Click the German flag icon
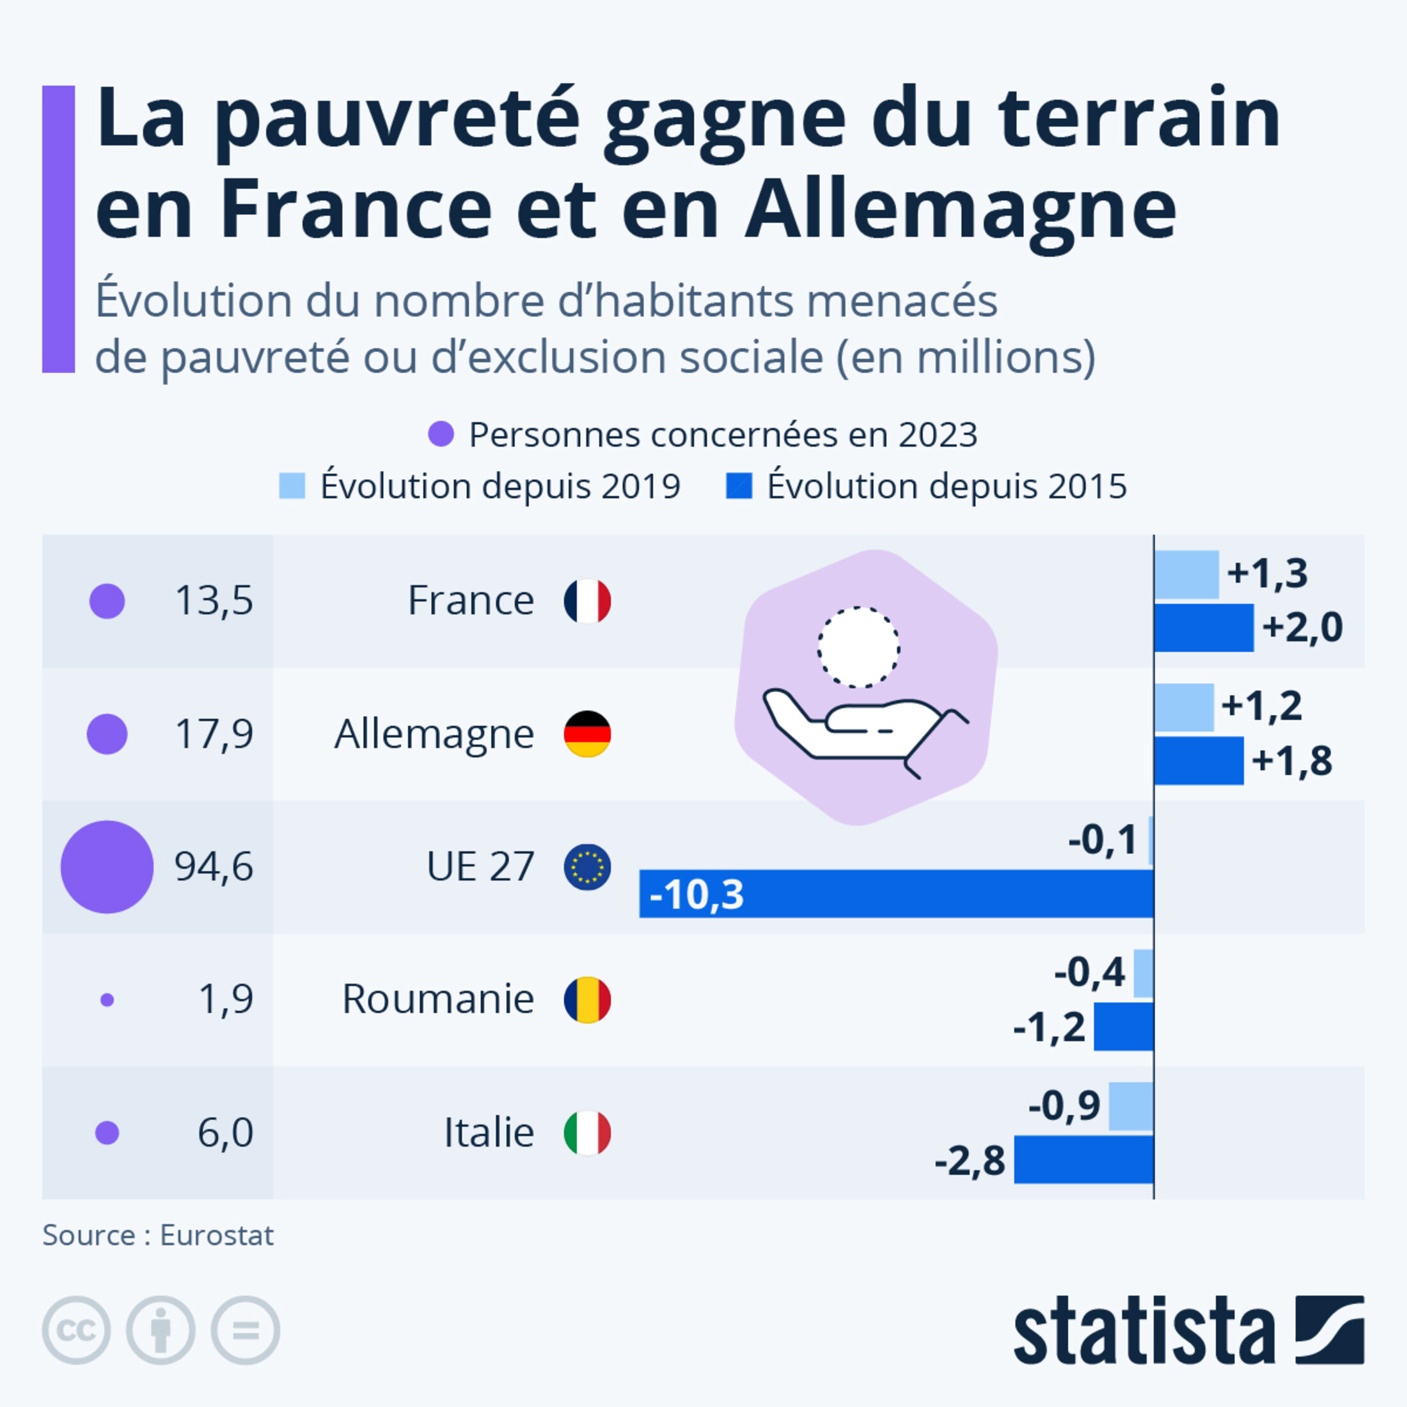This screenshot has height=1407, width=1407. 587,734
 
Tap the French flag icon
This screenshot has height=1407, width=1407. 587,601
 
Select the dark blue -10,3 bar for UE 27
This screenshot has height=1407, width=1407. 896,893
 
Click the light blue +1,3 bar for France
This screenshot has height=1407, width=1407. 1186,574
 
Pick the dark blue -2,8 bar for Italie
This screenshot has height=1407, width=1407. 1083,1159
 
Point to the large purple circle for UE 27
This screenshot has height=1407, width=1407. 107,867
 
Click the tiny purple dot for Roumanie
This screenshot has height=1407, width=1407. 107,1000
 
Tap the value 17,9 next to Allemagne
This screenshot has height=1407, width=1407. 214,734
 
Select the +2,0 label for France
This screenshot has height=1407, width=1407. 1302,627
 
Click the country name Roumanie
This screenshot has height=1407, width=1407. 437,999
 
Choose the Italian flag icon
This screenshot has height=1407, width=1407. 587,1133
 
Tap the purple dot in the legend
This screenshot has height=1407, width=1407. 441,434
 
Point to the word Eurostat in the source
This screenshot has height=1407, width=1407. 216,1235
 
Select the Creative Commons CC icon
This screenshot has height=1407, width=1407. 77,1330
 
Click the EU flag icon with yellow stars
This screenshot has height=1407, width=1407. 587,867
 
